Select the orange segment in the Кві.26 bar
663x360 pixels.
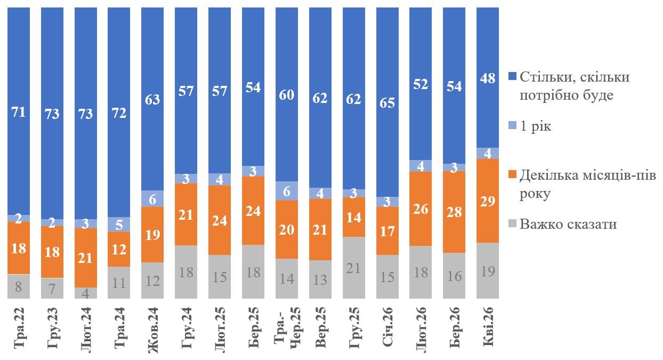click(x=487, y=201)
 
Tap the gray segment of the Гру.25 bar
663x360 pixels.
click(x=353, y=268)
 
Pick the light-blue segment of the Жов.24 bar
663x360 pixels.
click(x=152, y=198)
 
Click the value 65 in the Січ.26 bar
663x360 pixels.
click(x=387, y=102)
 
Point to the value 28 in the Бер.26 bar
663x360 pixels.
click(x=454, y=212)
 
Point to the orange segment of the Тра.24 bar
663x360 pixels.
click(x=119, y=249)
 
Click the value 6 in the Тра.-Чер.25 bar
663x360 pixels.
click(x=287, y=191)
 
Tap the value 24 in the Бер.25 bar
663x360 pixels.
click(x=253, y=210)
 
